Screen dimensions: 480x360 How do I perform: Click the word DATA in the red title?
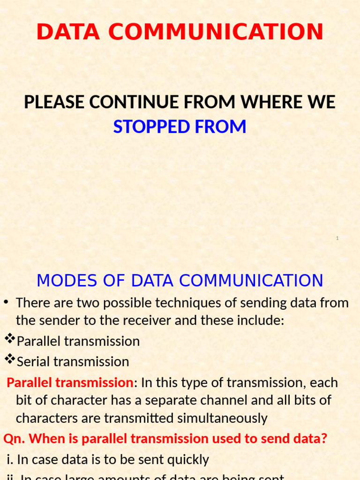coord(66,32)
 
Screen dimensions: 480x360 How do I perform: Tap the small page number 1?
coord(337,239)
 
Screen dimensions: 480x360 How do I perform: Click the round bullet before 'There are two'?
coord(7,302)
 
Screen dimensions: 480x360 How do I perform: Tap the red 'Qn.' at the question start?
coord(14,439)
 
